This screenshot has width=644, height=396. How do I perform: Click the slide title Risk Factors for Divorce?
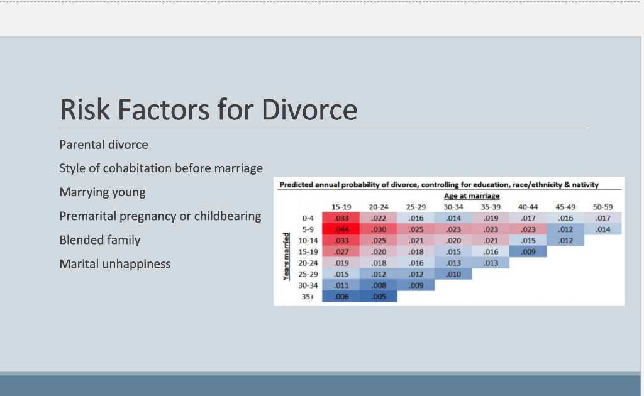coord(208,109)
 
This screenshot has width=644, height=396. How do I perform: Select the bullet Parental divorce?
coord(104,145)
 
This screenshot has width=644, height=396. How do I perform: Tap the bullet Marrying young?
coord(102,192)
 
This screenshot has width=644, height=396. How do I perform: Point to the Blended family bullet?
coord(100,240)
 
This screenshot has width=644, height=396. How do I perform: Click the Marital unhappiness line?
coord(114,264)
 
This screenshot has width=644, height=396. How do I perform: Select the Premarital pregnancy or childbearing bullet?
coord(160,216)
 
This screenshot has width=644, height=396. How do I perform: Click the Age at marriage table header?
coord(472,196)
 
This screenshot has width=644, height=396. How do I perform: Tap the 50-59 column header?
coord(602,207)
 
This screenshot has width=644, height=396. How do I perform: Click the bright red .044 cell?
coord(341,229)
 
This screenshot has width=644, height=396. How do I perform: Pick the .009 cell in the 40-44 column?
coord(528,252)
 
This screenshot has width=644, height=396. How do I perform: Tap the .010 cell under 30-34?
coord(453,275)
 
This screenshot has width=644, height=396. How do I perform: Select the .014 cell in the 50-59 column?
coord(602,229)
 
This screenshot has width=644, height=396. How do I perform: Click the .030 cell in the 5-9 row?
coord(379,229)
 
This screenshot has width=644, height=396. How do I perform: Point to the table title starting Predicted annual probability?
coord(438,185)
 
